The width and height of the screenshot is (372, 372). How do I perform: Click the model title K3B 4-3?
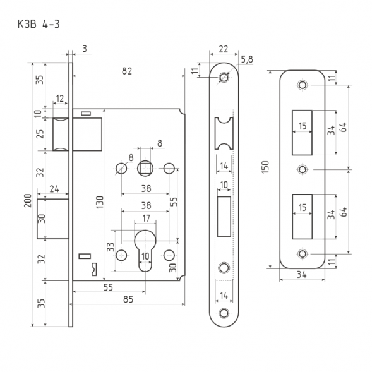point(39,24)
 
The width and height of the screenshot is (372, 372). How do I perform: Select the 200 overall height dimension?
point(28,200)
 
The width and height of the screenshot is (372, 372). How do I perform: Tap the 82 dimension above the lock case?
point(127,71)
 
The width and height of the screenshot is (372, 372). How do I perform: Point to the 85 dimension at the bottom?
point(128,299)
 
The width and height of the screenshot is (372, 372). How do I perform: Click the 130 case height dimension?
point(100,202)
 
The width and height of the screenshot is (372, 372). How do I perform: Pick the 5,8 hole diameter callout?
point(247,59)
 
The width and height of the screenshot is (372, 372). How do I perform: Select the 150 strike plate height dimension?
point(265,167)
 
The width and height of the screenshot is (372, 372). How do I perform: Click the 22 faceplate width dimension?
point(223,49)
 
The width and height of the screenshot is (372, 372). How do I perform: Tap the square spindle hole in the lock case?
point(145,169)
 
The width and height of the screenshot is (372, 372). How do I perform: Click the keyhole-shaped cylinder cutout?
point(145,250)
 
